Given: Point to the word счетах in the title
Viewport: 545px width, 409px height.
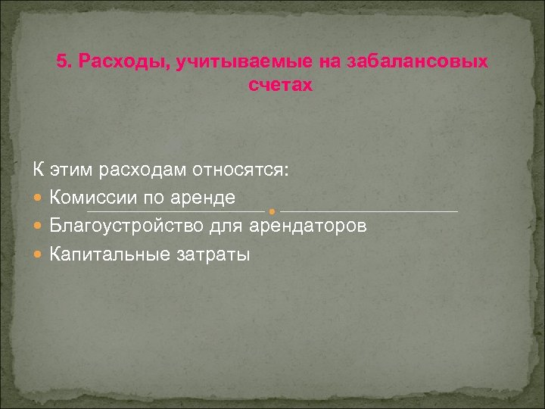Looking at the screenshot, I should point(279,86).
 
